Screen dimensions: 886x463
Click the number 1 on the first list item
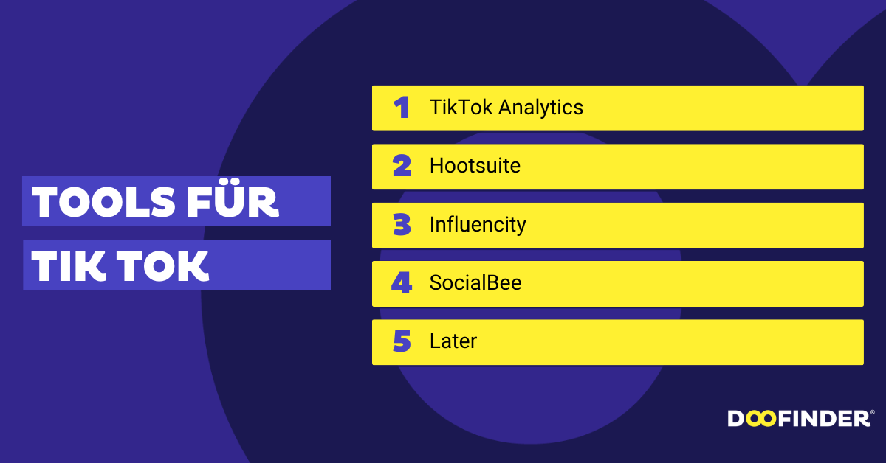pyautogui.click(x=402, y=108)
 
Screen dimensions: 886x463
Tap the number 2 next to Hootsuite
pyautogui.click(x=402, y=166)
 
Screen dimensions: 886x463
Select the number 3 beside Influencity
pyautogui.click(x=402, y=224)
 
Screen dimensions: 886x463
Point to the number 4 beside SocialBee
pyautogui.click(x=402, y=283)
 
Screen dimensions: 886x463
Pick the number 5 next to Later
pyautogui.click(x=402, y=341)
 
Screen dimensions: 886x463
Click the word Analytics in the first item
pyautogui.click(x=540, y=108)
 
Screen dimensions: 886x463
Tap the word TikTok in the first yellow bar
pyautogui.click(x=461, y=107)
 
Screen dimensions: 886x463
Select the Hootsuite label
pyautogui.click(x=475, y=166)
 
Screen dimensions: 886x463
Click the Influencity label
pyautogui.click(x=478, y=225)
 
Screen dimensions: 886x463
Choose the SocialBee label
pyautogui.click(x=475, y=283)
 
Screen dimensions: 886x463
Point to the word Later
pyautogui.click(x=453, y=341)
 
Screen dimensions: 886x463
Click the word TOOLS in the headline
pyautogui.click(x=103, y=202)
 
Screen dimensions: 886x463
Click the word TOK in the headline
pyautogui.click(x=162, y=266)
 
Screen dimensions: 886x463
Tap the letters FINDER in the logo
pyautogui.click(x=824, y=419)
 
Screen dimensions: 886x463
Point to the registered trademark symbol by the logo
pyautogui.click(x=873, y=412)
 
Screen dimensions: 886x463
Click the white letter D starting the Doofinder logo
pyautogui.click(x=737, y=419)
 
